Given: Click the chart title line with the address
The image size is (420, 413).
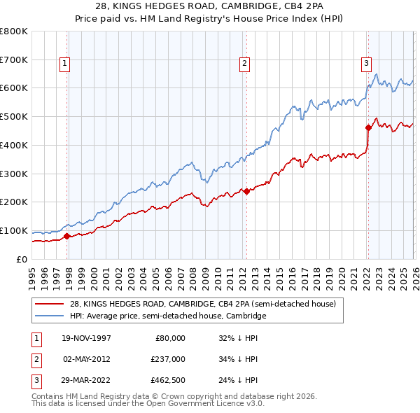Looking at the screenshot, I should tap(210, 7).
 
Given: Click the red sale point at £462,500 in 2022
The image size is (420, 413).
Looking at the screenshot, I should tap(368, 127).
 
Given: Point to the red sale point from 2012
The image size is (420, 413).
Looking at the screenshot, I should tap(246, 191).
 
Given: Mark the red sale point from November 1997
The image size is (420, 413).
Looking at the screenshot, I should tap(67, 236).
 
